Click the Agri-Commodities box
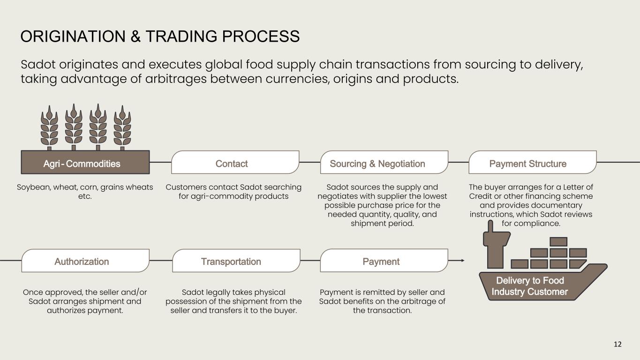(x=85, y=162)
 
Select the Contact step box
(x=235, y=162)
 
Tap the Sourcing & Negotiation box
(x=384, y=162)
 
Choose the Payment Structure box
(x=533, y=162)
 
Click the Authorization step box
(x=85, y=261)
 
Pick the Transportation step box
(x=236, y=261)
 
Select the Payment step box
(x=384, y=261)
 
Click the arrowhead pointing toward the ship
(x=463, y=261)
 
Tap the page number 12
(x=617, y=344)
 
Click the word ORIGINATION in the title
(x=73, y=37)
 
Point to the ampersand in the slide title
(x=136, y=37)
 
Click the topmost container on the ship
(x=558, y=242)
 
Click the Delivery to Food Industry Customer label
(x=530, y=286)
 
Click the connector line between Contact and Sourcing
(x=310, y=162)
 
